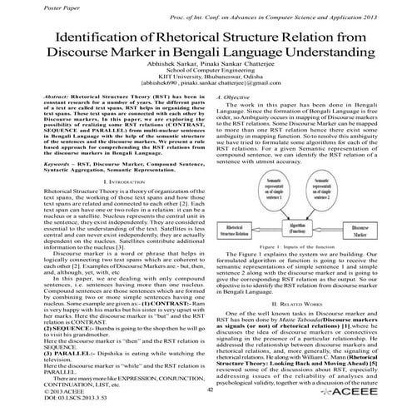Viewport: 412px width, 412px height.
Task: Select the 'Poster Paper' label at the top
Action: tap(30, 5)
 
